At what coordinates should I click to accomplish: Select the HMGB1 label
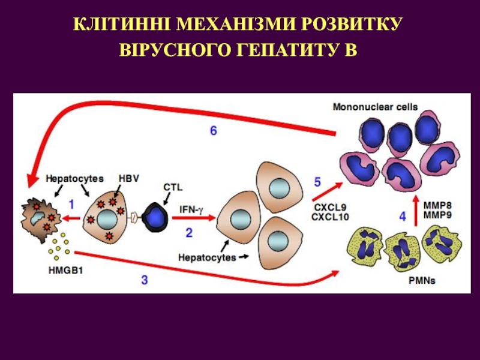pyautogui.click(x=65, y=270)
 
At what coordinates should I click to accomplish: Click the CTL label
pyautogui.click(x=172, y=187)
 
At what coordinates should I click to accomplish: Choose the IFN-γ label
pyautogui.click(x=192, y=210)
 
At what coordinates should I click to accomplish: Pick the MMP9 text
pyautogui.click(x=437, y=214)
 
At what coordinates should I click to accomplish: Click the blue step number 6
pyautogui.click(x=214, y=130)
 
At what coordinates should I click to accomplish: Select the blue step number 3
pyautogui.click(x=144, y=278)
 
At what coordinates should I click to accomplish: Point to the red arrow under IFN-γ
pyautogui.click(x=193, y=220)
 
